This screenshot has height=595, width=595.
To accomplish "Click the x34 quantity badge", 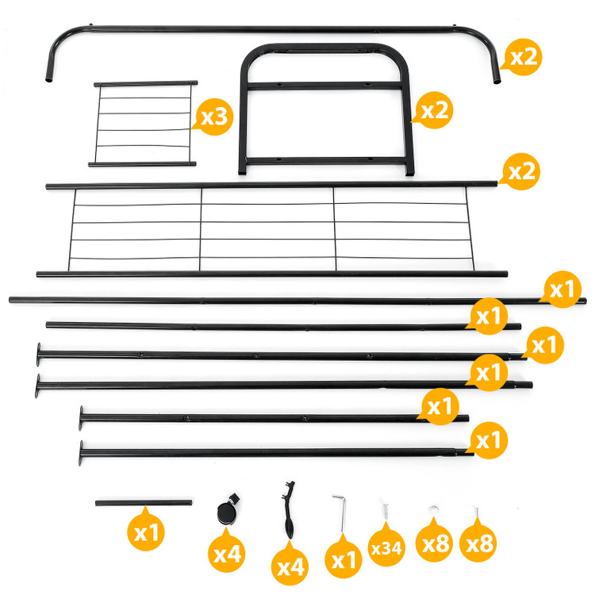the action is pyautogui.click(x=386, y=547).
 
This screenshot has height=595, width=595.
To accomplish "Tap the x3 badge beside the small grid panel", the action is pyautogui.click(x=213, y=117).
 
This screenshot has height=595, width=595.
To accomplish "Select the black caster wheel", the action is pyautogui.click(x=228, y=509).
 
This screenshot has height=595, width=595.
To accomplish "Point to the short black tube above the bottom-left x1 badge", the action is pyautogui.click(x=144, y=503).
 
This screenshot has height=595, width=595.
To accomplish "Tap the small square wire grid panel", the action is pyautogui.click(x=143, y=124).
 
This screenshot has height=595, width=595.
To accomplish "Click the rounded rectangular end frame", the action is pyautogui.click(x=325, y=109).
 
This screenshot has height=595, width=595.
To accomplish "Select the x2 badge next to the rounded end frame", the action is pyautogui.click(x=433, y=110).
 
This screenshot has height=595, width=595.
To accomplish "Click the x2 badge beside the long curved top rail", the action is pyautogui.click(x=522, y=57).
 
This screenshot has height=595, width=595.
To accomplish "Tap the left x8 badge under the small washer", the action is pyautogui.click(x=435, y=543).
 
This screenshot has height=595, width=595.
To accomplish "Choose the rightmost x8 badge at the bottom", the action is pyautogui.click(x=478, y=543).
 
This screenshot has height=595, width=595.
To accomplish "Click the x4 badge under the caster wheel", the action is pyautogui.click(x=227, y=553).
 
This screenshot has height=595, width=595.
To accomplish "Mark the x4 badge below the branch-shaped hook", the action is pyautogui.click(x=290, y=566).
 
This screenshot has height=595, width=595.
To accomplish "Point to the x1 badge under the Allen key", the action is pyautogui.click(x=344, y=559).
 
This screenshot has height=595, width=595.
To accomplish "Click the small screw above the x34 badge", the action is pyautogui.click(x=386, y=512).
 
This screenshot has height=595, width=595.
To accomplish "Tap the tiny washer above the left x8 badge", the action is pyautogui.click(x=433, y=509).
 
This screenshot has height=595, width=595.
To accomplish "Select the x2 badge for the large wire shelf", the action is pyautogui.click(x=520, y=171).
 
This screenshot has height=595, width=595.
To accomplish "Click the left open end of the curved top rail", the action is pyautogui.click(x=49, y=80).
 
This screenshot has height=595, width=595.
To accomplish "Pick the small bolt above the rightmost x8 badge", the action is pyautogui.click(x=477, y=512).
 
